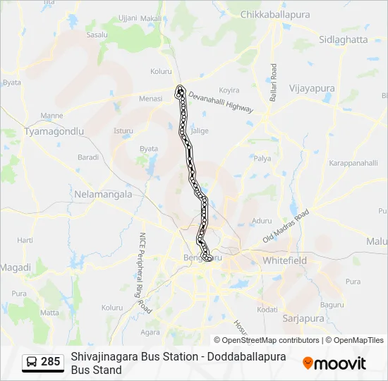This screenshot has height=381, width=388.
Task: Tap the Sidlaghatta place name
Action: click(x=344, y=40)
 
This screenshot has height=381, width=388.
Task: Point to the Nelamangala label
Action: click(x=103, y=193)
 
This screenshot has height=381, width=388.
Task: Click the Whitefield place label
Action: click(x=284, y=260)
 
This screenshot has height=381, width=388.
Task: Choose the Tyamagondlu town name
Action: click(x=54, y=131)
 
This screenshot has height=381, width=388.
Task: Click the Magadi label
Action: click(x=16, y=267)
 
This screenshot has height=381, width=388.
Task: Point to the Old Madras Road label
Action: click(x=286, y=226)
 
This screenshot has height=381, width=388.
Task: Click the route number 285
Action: click(x=50, y=362)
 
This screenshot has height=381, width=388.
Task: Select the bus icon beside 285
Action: click(x=32, y=362)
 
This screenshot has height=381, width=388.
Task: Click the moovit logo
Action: click(x=334, y=363)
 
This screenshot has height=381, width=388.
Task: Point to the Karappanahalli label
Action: click(x=353, y=163)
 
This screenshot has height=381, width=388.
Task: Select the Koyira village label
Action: click(x=229, y=90)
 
